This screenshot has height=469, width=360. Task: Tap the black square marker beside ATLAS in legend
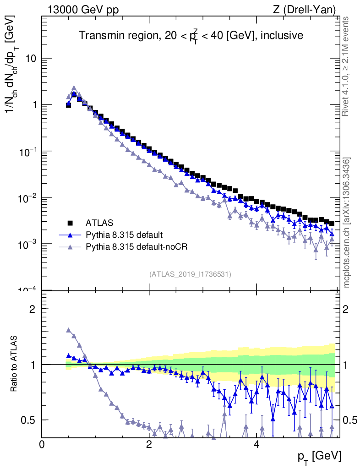(70, 223)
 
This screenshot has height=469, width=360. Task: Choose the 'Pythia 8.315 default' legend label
(124, 235)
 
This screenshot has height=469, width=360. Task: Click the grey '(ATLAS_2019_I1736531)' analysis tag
(190, 274)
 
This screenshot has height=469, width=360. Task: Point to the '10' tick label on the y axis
(30, 59)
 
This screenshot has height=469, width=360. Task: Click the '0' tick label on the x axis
(42, 444)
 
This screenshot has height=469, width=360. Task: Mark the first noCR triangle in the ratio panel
(69, 330)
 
